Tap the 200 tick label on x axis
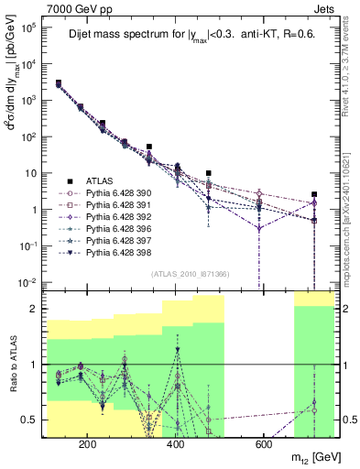click(88, 444)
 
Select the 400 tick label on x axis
click(175, 444)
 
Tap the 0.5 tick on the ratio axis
click(32, 420)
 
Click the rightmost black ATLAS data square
click(314, 194)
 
